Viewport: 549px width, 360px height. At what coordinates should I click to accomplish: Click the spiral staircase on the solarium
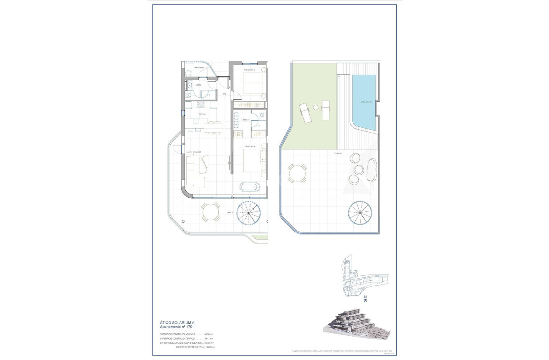(361, 214)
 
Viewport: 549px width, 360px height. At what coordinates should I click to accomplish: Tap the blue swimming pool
(364, 101)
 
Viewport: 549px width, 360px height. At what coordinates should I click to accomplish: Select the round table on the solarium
(297, 174)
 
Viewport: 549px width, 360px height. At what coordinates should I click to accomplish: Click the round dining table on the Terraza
(210, 212)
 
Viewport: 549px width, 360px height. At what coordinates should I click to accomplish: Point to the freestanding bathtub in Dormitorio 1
(250, 186)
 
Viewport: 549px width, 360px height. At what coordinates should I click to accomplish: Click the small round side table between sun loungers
(316, 107)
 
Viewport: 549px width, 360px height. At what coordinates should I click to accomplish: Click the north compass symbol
(365, 299)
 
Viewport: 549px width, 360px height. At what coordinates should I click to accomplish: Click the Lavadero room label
(199, 68)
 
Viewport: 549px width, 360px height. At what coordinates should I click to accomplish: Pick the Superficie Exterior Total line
(195, 347)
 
